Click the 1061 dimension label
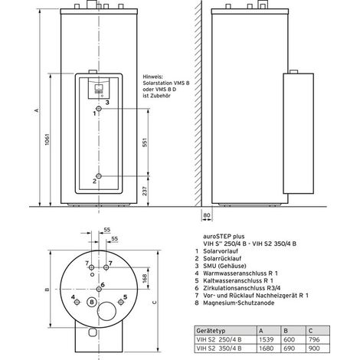coord(47,139)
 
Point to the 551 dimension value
coord(145,143)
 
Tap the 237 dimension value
coord(145,191)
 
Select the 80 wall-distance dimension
coord(207,215)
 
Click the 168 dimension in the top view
coord(145,278)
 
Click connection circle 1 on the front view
coord(99,109)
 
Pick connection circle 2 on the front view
coord(99,176)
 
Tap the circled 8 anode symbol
coord(92,303)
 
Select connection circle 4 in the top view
coord(77,303)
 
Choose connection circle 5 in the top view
coord(121,302)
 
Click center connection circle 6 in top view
coord(99,289)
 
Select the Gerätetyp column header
coord(211,331)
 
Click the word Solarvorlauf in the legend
coord(221,251)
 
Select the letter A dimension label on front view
coord(37,110)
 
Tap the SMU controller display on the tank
coord(99,88)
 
